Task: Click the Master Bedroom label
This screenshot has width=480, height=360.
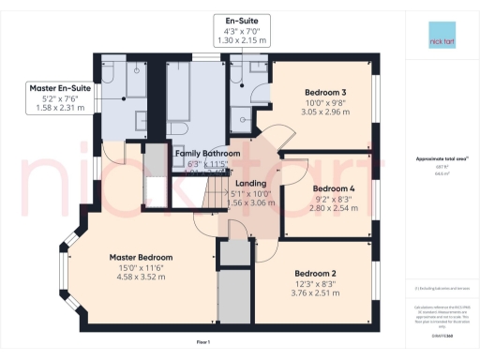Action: (141, 257)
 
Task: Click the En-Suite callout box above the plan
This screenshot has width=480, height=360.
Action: (229, 29)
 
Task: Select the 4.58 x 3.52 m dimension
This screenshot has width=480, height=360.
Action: (141, 277)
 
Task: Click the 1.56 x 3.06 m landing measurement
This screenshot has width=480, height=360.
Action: (251, 202)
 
